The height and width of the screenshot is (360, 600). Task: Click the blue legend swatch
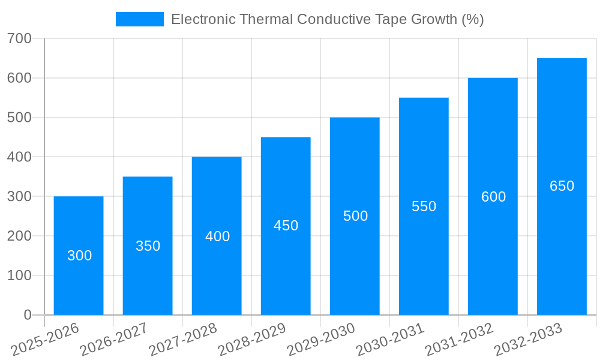point(139,19)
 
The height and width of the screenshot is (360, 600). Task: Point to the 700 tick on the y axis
point(20,39)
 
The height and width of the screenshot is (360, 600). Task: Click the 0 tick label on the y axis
point(28,315)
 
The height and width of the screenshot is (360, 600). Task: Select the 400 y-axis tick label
point(20,157)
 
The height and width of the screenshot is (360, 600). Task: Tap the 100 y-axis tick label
point(20,275)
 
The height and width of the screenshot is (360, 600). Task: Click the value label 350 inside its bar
point(148,246)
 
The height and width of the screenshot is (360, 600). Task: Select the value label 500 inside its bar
point(355,216)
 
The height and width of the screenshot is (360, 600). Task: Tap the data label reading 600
point(493,197)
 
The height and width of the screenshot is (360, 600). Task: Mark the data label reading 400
point(217,236)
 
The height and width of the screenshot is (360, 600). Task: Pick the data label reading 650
point(562,186)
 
